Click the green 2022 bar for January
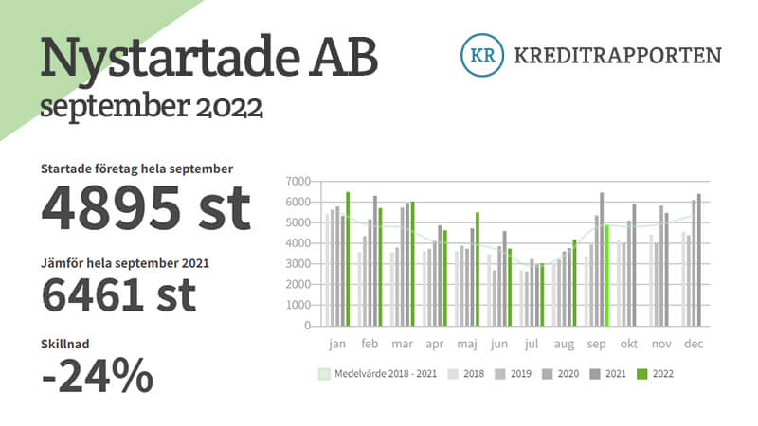[348, 258]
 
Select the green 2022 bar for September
[606, 275]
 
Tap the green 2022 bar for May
[478, 269]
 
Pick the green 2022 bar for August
[574, 282]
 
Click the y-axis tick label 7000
[298, 182]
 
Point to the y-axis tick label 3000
[298, 264]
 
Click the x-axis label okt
[629, 344]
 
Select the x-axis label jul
[532, 344]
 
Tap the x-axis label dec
[694, 344]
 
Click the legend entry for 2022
[655, 373]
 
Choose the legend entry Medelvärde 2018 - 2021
[377, 373]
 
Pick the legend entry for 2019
[513, 373]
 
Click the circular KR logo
[482, 55]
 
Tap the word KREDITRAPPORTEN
[618, 56]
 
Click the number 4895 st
[146, 208]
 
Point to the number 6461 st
[119, 294]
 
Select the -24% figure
[98, 375]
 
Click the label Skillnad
[65, 344]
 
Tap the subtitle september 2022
[152, 106]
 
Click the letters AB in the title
[344, 58]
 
